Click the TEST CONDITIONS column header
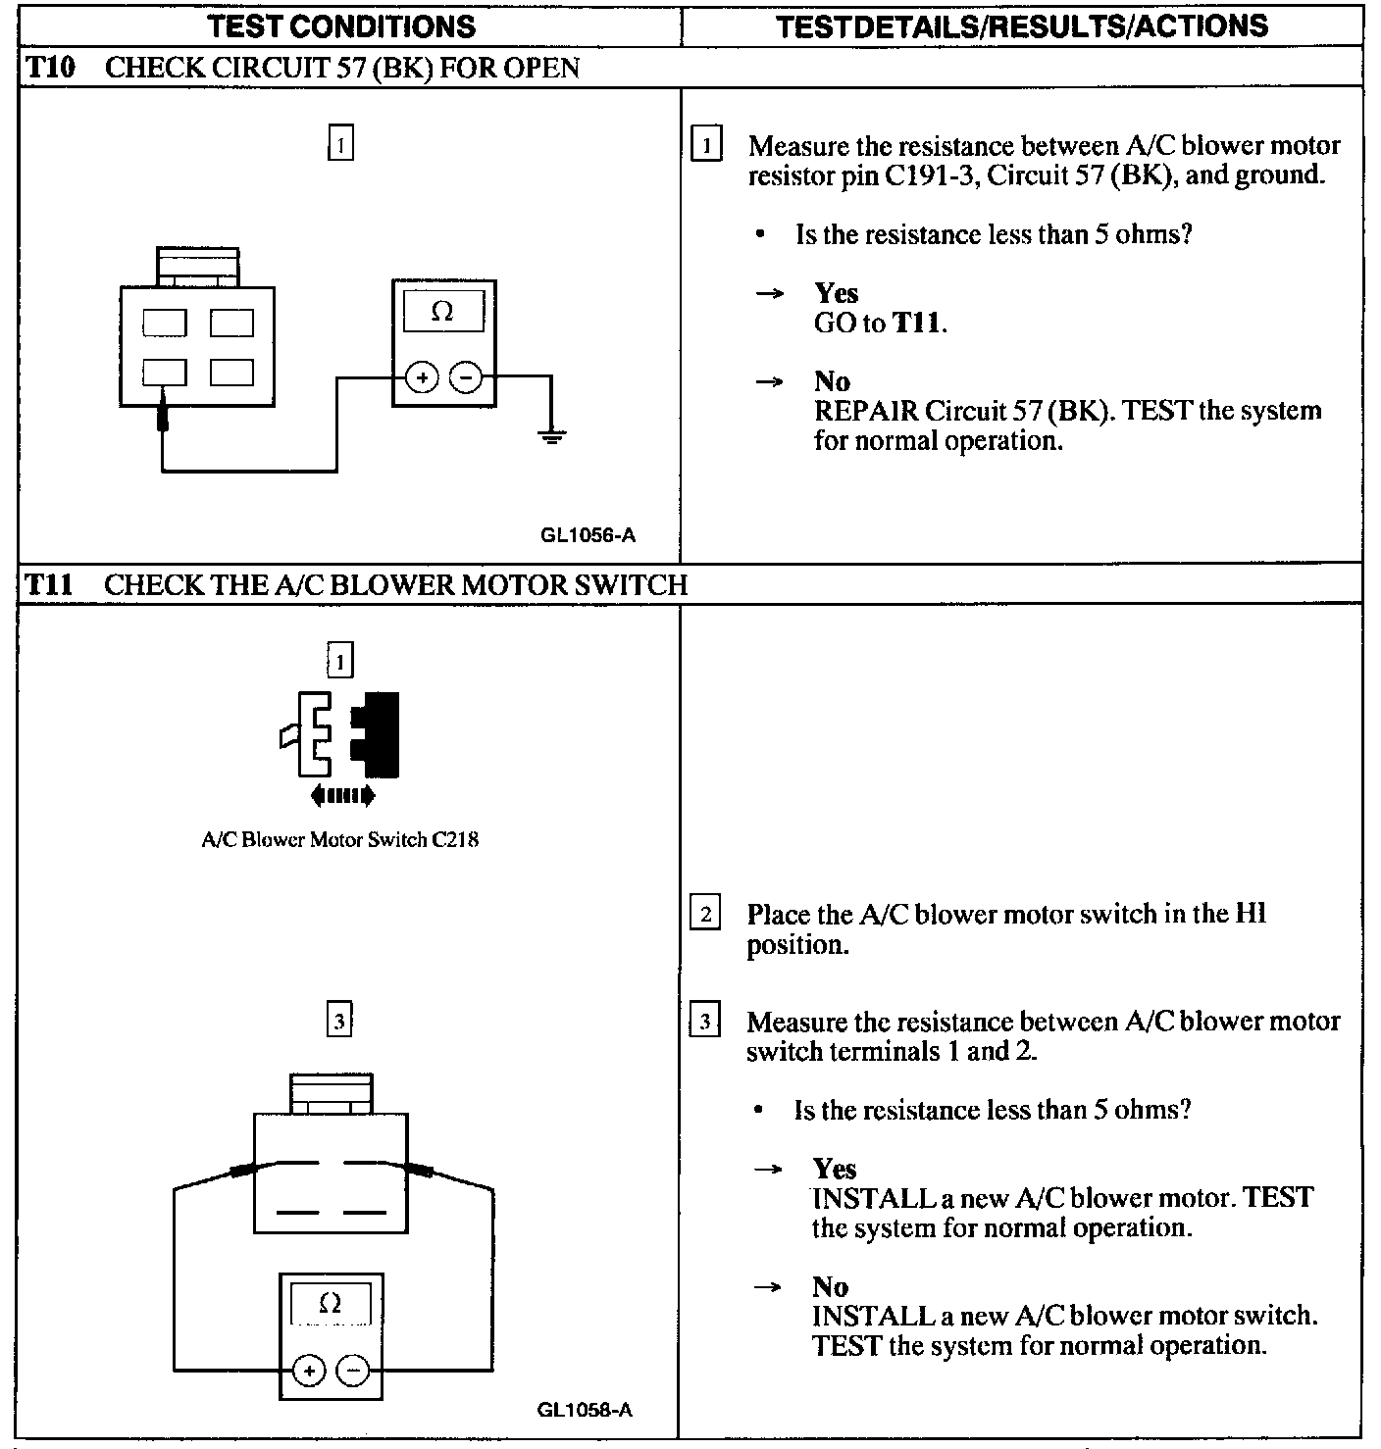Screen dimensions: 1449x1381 (x=342, y=26)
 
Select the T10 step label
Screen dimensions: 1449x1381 (x=48, y=68)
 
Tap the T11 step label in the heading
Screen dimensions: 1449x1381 (x=48, y=585)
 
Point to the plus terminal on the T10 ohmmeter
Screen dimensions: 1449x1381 (x=422, y=377)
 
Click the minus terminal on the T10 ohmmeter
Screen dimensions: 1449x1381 (x=466, y=377)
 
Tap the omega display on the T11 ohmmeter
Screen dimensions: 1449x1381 (x=331, y=1304)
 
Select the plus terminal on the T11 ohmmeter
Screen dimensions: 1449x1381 (x=308, y=1370)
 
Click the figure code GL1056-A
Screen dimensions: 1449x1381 (x=587, y=535)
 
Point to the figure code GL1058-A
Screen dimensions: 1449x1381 (x=585, y=1410)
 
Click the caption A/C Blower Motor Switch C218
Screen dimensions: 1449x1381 (x=339, y=839)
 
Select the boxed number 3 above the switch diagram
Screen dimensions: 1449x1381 (x=338, y=1022)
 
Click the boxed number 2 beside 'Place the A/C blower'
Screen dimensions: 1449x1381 (x=705, y=914)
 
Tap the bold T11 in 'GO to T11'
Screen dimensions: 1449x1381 (x=917, y=323)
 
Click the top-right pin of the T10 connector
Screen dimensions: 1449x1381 (x=231, y=323)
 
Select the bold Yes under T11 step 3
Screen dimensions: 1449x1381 (x=835, y=1169)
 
